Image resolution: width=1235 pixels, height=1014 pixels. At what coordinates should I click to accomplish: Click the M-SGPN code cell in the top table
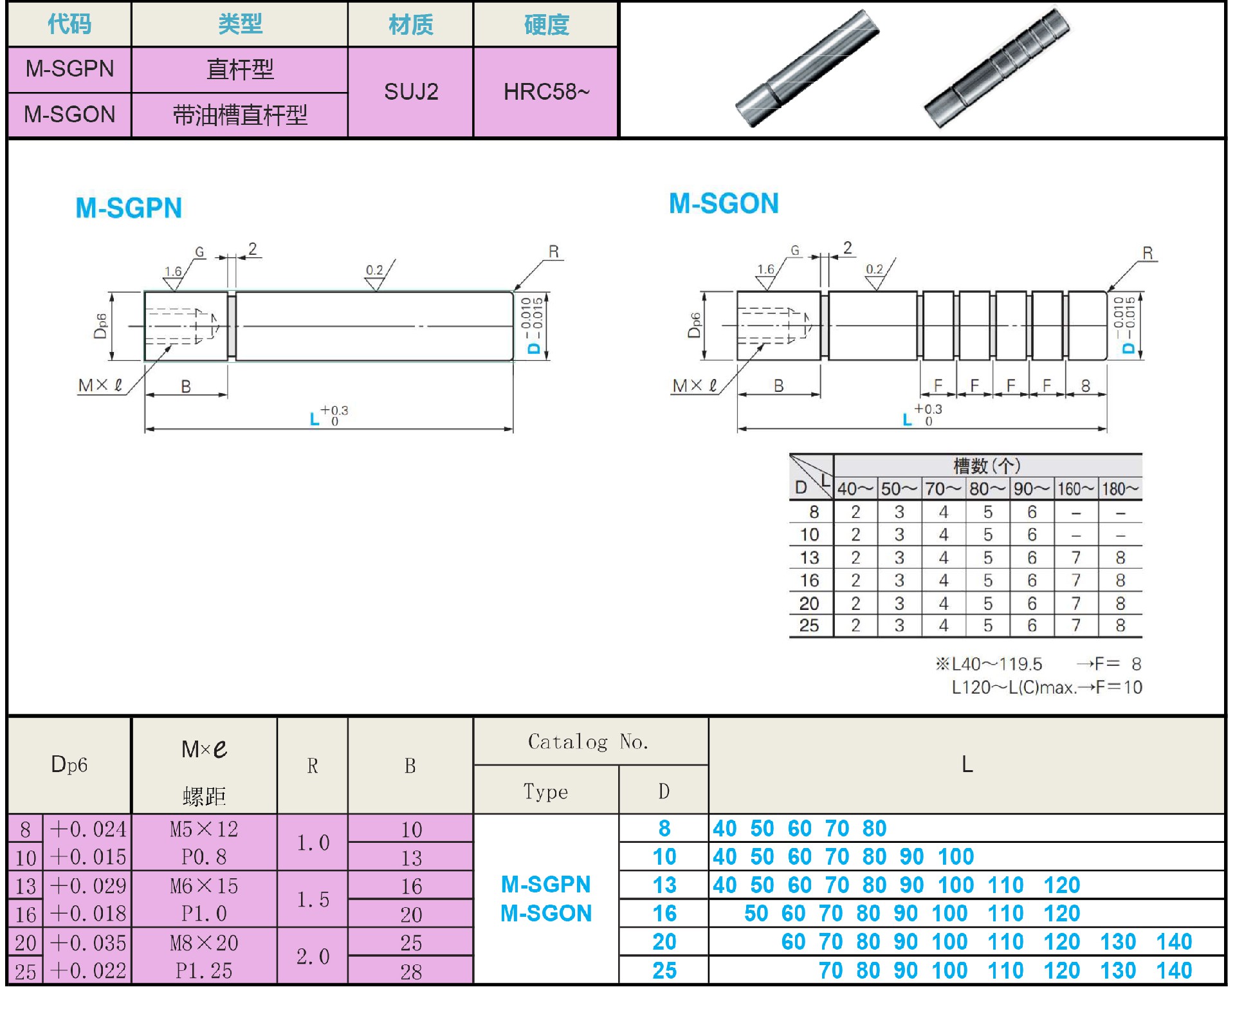69,69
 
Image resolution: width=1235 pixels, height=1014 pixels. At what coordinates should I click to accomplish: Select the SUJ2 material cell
411,92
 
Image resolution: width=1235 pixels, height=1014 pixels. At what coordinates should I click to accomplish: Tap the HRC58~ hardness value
546,92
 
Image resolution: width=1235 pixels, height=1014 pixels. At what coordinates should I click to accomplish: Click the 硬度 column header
546,24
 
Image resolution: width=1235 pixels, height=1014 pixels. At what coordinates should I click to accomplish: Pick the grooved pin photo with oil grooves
996,68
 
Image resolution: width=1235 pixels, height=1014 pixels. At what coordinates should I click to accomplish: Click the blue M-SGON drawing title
724,204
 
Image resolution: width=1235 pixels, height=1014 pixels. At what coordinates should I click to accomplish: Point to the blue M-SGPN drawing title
129,208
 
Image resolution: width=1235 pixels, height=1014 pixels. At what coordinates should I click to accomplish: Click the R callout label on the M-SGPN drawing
554,252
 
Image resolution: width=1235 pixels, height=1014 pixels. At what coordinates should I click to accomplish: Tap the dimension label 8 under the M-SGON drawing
1086,386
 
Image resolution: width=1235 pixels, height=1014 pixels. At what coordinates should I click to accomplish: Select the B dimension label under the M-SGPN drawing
186,387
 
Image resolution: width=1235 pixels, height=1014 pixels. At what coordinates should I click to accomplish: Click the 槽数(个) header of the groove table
987,465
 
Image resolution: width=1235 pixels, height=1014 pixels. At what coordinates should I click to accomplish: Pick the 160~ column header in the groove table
1075,489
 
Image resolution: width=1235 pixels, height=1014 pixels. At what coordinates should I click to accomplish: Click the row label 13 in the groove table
809,558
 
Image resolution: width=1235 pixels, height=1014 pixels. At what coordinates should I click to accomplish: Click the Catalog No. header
588,742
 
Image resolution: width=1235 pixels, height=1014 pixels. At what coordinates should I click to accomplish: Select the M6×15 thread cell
204,886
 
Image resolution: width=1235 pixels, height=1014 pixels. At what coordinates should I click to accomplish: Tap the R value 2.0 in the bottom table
313,957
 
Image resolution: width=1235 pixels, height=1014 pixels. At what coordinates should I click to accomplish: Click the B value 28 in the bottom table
411,972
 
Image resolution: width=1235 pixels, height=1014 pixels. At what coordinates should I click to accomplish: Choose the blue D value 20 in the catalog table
664,942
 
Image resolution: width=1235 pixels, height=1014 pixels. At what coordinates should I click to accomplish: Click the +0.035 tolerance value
88,943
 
